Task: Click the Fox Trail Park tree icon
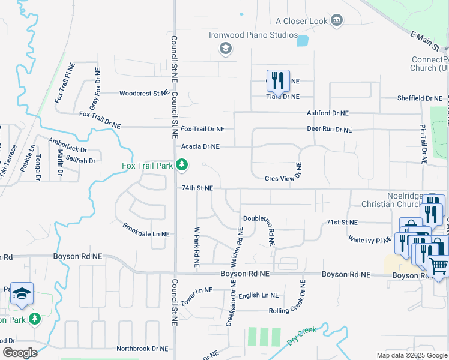point(181,164)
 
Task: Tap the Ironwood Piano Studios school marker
point(226,48)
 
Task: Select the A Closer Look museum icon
point(337,21)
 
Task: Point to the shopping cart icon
point(439,265)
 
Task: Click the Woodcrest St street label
point(143,93)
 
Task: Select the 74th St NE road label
point(197,188)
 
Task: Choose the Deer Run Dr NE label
point(329,130)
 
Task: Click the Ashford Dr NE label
point(327,113)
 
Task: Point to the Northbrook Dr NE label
point(142,348)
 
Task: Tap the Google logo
point(20,352)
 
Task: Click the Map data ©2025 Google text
point(412,355)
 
